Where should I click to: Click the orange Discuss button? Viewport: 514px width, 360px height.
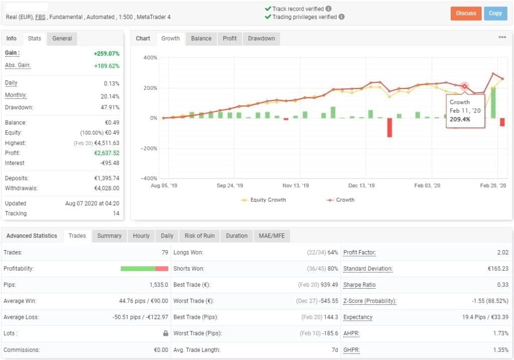pyautogui.click(x=466, y=14)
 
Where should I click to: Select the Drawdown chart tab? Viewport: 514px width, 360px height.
pyautogui.click(x=261, y=39)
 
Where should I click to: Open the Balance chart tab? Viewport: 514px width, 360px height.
pyautogui.click(x=201, y=39)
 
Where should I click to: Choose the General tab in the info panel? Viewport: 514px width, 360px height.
pyautogui.click(x=62, y=39)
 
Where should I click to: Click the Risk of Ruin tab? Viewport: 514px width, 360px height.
pyautogui.click(x=200, y=236)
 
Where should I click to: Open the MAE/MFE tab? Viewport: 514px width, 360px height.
pyautogui.click(x=271, y=236)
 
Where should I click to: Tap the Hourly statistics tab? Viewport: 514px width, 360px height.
pyautogui.click(x=141, y=236)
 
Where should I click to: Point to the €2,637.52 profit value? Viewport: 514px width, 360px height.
pyautogui.click(x=106, y=153)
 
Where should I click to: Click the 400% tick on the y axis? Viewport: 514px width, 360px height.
pyautogui.click(x=150, y=58)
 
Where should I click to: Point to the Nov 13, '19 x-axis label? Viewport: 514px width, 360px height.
pyautogui.click(x=296, y=186)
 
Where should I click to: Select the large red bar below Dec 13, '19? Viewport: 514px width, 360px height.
pyautogui.click(x=390, y=128)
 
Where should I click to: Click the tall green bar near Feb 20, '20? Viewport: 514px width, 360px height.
pyautogui.click(x=493, y=103)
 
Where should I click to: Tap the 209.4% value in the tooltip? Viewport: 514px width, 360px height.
pyautogui.click(x=460, y=119)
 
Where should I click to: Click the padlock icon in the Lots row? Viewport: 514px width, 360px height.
pyautogui.click(x=166, y=333)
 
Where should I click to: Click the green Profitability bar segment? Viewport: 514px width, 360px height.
pyautogui.click(x=138, y=269)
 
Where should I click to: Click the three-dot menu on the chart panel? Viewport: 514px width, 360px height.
pyautogui.click(x=502, y=38)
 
